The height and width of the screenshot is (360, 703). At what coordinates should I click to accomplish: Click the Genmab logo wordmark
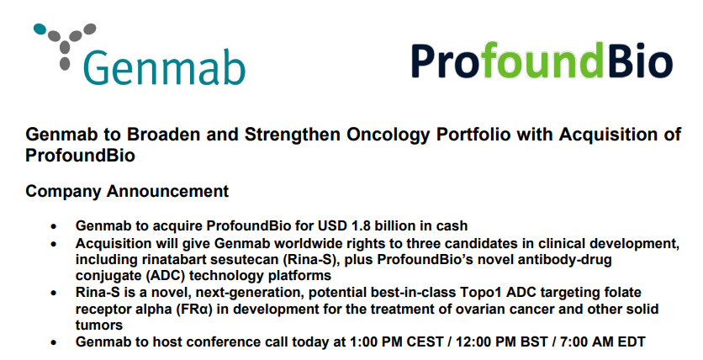(164, 66)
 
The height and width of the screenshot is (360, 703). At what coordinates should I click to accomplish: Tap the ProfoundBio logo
(542, 61)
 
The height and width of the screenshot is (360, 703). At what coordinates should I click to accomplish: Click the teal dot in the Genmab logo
(40, 29)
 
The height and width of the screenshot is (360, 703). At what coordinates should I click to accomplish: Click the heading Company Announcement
(127, 191)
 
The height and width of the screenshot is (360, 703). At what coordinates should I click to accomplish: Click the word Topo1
(476, 293)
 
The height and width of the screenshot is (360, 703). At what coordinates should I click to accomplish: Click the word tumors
(99, 325)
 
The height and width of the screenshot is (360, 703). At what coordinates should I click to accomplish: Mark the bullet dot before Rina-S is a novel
(54, 294)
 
